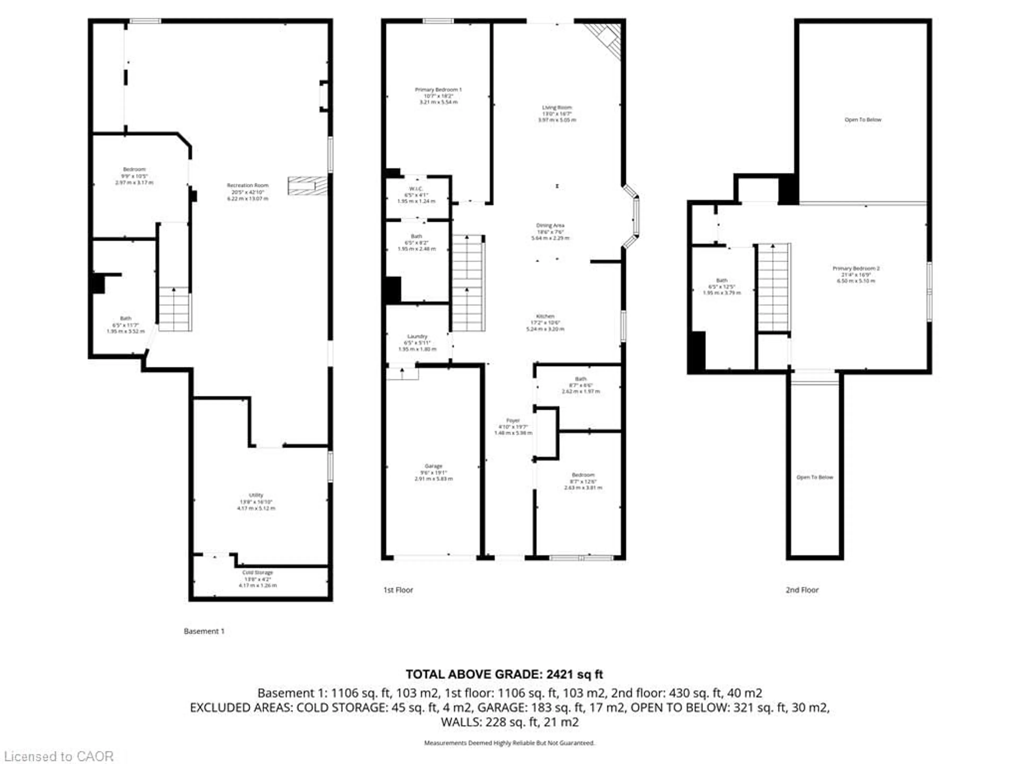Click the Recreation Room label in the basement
pyautogui.click(x=247, y=192)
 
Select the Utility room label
pyautogui.click(x=256, y=501)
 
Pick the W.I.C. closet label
pyautogui.click(x=416, y=195)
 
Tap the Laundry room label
pyautogui.click(x=417, y=343)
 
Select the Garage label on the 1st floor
pyautogui.click(x=434, y=472)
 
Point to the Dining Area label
pyautogui.click(x=550, y=232)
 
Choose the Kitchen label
pyautogui.click(x=545, y=322)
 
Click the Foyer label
pyautogui.click(x=513, y=427)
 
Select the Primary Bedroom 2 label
pyautogui.click(x=856, y=275)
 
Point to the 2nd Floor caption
pyautogui.click(x=802, y=590)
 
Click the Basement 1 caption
pyautogui.click(x=204, y=631)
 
